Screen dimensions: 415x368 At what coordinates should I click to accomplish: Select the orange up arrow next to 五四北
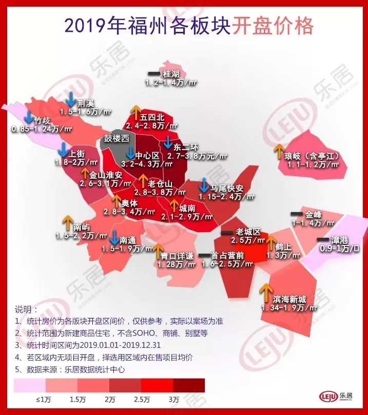136,111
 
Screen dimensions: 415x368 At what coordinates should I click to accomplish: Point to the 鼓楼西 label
117,139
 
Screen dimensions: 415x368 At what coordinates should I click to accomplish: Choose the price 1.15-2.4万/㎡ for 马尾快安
227,196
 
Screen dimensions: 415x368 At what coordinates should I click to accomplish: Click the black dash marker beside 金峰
297,213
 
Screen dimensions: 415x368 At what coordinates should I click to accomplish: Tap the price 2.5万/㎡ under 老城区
247,240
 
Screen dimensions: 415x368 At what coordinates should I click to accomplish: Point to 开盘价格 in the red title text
273,25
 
